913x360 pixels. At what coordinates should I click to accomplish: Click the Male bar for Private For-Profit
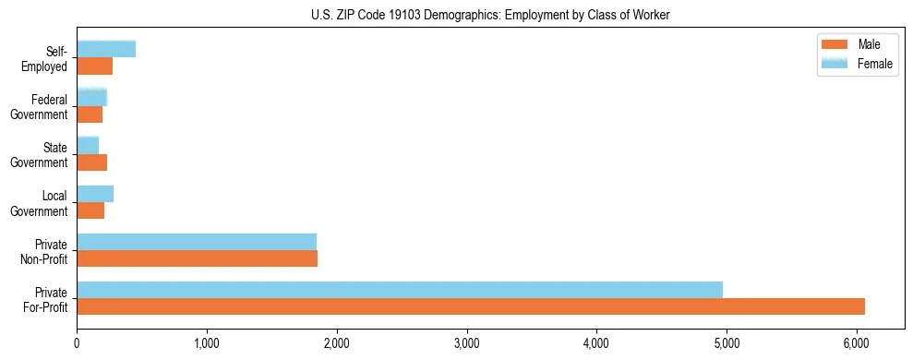click(x=471, y=306)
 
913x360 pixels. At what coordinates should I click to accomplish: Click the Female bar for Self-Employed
click(x=106, y=49)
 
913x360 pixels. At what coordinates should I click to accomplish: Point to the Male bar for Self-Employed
click(x=95, y=66)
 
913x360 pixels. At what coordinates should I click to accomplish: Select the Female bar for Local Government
click(x=95, y=194)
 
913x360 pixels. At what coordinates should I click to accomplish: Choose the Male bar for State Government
click(x=92, y=162)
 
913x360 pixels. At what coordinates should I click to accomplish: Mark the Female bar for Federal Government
click(x=92, y=97)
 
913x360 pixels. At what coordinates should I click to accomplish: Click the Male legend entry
click(x=858, y=44)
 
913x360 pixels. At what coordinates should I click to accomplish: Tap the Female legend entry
click(x=858, y=64)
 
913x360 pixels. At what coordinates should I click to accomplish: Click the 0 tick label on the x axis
click(x=78, y=344)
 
